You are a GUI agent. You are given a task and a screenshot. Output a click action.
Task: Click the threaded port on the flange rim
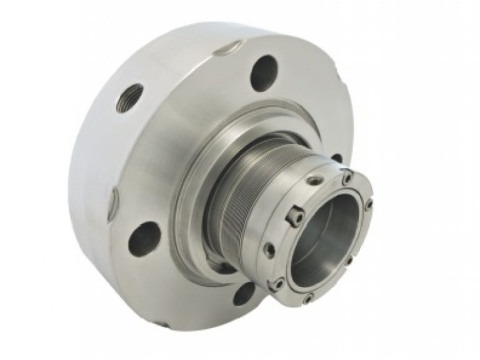point(130,98)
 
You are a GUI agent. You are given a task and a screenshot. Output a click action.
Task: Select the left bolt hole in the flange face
point(143,239)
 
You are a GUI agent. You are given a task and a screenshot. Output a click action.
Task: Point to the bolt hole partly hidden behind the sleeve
point(337,159)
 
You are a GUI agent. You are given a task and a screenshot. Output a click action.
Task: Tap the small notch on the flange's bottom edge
point(161,324)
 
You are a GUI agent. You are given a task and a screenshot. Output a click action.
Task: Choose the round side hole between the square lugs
point(269,250)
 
